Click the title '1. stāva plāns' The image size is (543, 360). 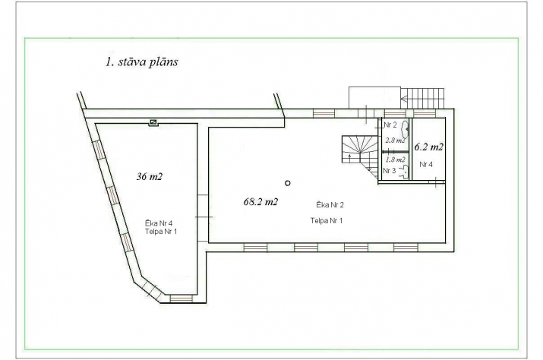[142, 62]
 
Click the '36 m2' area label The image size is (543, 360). [150, 177]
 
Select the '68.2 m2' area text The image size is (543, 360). [260, 202]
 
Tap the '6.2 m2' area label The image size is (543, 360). [429, 147]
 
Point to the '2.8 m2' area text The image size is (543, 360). [395, 141]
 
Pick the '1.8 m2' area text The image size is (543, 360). [395, 159]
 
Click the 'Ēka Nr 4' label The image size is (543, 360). [159, 223]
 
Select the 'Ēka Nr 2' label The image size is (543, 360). [330, 205]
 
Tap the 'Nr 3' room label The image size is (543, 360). [390, 171]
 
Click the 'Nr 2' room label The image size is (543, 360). [390, 125]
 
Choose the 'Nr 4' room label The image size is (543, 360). [426, 164]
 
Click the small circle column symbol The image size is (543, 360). [287, 183]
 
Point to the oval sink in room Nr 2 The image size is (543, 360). [405, 129]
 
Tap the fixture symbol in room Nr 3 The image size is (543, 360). [404, 172]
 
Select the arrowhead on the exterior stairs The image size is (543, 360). [404, 99]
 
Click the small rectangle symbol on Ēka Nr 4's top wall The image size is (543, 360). [153, 122]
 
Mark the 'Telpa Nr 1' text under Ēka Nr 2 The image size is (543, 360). [327, 221]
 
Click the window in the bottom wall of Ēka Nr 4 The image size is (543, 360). [181, 298]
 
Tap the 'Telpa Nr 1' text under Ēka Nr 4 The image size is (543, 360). [161, 232]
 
